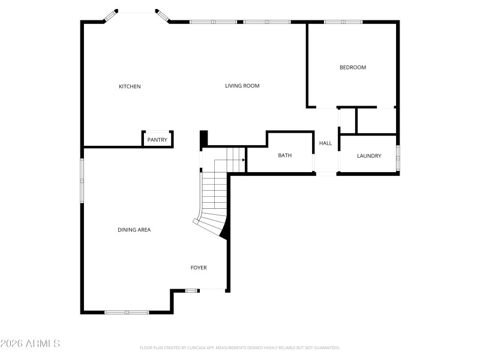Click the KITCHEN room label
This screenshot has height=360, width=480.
tap(130, 86)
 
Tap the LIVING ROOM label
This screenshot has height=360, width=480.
tap(242, 86)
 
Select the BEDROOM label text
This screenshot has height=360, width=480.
tap(353, 67)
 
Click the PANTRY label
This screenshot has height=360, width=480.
tap(157, 140)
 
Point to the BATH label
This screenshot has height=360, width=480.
tap(284, 155)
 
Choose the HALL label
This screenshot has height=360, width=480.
tap(325, 143)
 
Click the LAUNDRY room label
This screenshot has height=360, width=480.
tap(369, 156)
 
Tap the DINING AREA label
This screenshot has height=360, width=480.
tap(134, 230)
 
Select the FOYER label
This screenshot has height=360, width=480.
tap(199, 268)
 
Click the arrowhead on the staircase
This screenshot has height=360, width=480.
tap(243, 160)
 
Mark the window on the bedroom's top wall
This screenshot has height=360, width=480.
tap(343, 22)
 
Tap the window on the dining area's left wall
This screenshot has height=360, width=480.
tap(83, 178)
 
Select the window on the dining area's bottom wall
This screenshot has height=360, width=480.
tap(127, 312)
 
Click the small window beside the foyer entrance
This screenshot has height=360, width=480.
tap(191, 291)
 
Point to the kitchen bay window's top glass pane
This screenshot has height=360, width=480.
tap(136, 11)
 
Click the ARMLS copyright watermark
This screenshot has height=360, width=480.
tap(30, 344)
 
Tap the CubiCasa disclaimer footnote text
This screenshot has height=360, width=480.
tap(239, 347)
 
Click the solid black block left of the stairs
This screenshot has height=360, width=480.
tap(203, 138)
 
